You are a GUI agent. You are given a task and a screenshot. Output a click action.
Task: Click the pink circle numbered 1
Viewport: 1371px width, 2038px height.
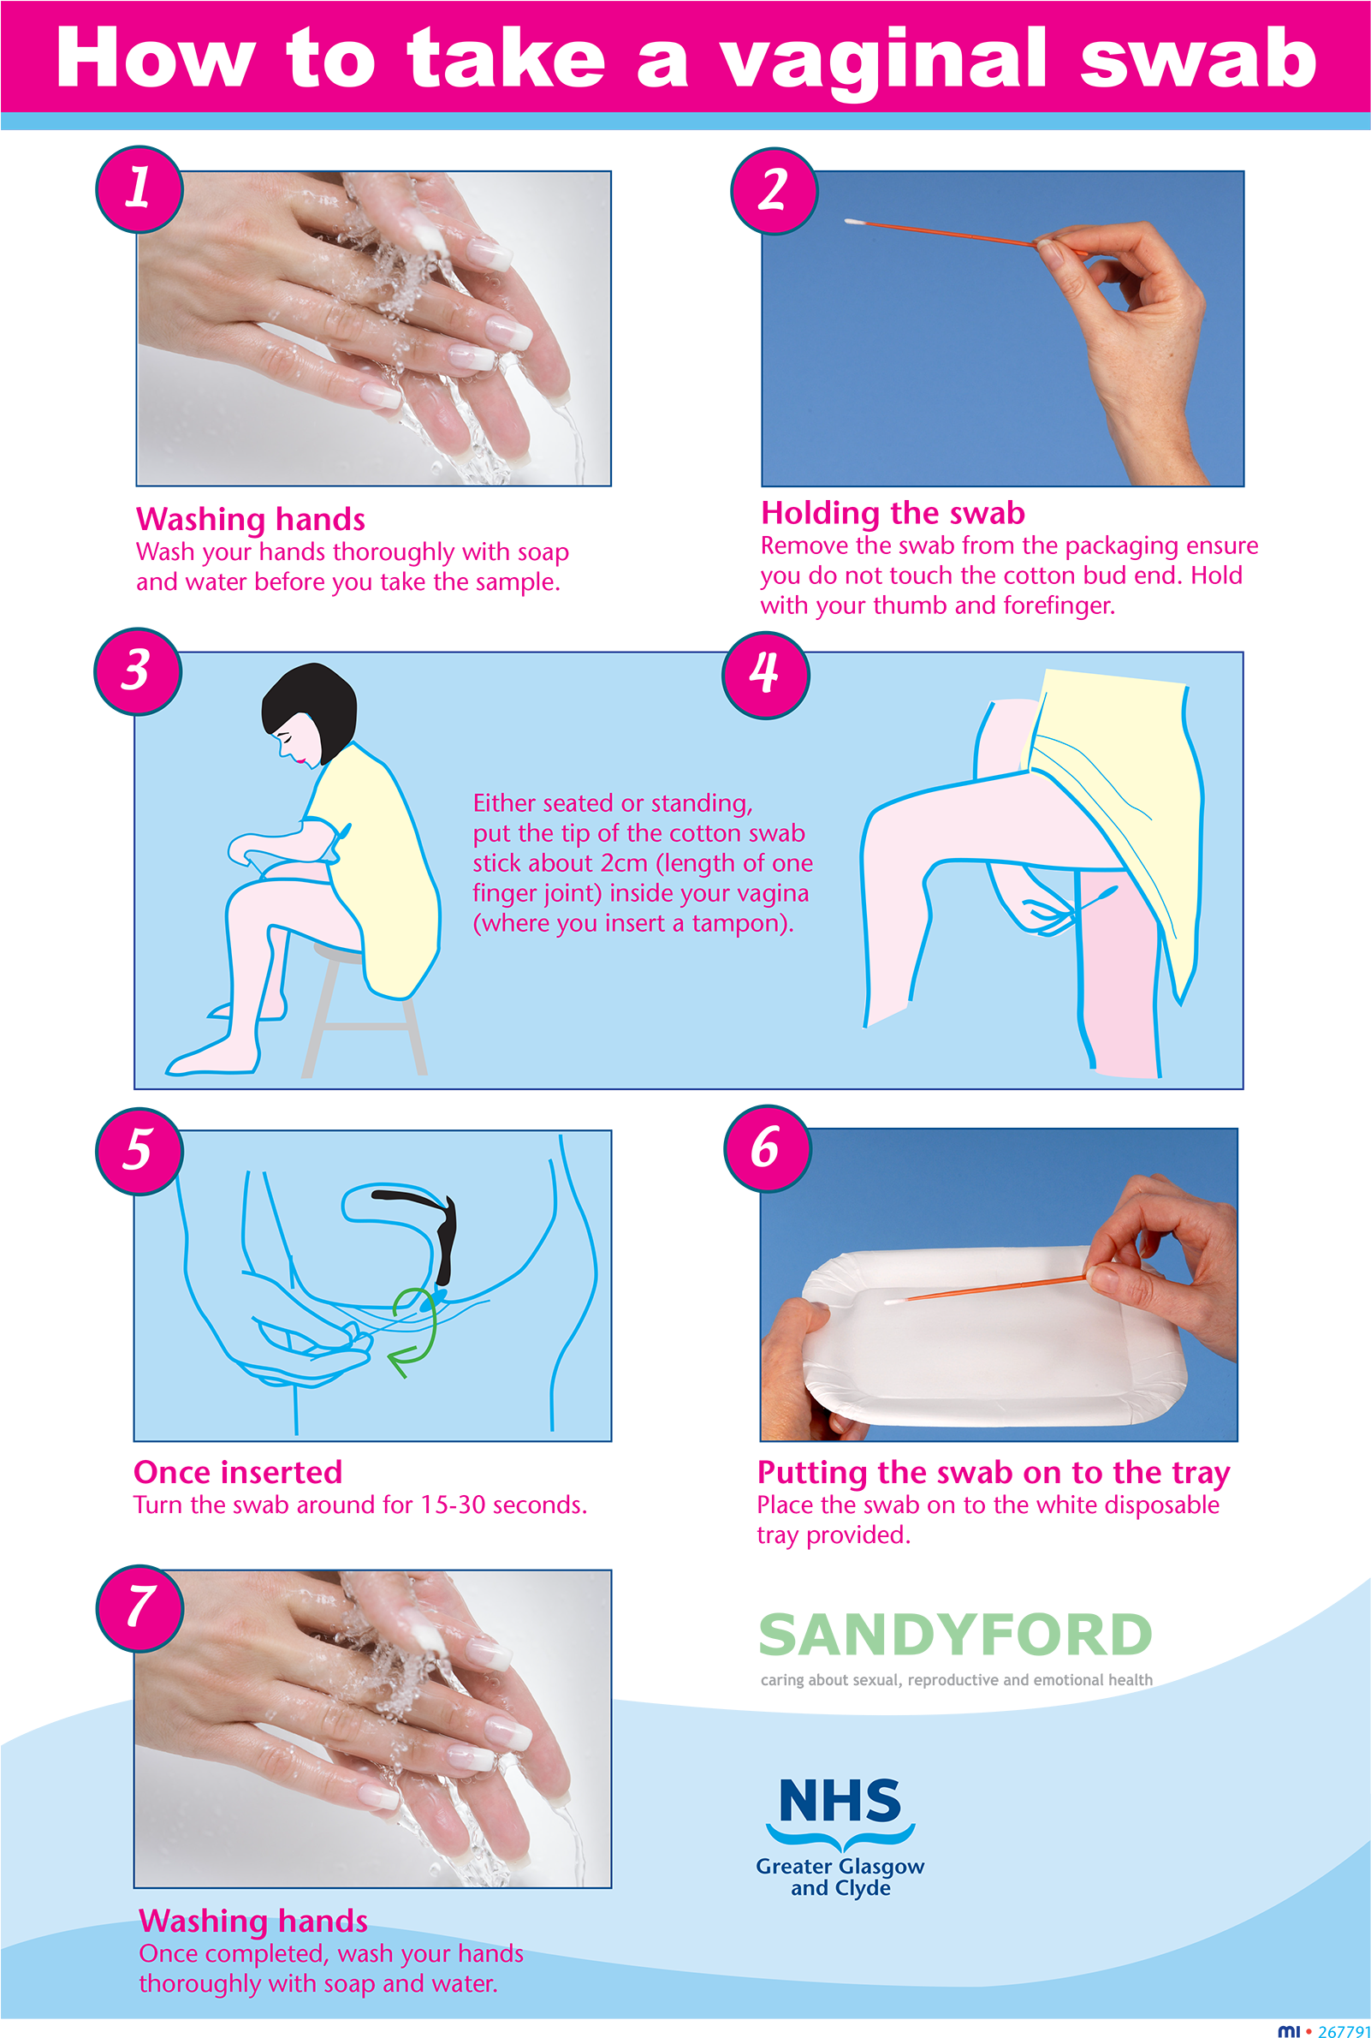139,189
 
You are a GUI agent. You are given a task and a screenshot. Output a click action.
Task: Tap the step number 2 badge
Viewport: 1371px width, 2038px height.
774,190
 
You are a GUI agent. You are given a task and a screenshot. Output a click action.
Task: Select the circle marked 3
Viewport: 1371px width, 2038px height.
137,670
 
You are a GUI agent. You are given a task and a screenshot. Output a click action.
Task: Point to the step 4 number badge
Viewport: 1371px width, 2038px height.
765,674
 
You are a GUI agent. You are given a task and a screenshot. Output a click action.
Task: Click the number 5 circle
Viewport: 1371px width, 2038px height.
139,1149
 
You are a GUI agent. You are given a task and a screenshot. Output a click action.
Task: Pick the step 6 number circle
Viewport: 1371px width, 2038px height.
767,1147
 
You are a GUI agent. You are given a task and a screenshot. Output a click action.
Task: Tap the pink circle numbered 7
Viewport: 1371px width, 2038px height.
139,1607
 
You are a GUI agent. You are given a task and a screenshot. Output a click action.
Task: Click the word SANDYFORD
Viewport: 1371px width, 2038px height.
955,1635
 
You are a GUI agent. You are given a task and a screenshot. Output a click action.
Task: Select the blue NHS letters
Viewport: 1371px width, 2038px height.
840,1801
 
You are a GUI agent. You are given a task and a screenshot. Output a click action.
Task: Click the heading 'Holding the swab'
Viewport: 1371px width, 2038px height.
893,513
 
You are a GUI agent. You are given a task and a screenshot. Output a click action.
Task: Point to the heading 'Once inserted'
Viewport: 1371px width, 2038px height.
238,1473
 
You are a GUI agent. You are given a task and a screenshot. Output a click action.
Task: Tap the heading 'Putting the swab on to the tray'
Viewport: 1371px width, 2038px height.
994,1473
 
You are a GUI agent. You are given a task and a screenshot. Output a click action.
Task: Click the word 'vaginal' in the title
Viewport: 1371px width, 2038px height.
883,59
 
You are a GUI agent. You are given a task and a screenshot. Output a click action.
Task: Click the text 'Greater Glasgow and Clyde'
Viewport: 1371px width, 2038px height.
840,1877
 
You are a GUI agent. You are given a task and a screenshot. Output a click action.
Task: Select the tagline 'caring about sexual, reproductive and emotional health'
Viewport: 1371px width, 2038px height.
956,1679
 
